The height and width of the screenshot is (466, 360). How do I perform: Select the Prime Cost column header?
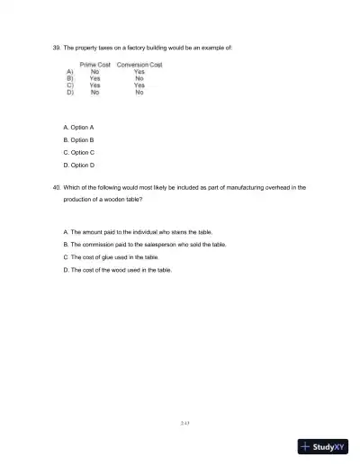(94, 65)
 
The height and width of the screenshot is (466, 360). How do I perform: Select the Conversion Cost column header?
(139, 65)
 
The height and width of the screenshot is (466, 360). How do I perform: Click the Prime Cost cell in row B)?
(94, 78)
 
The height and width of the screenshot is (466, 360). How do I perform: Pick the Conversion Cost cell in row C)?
(139, 85)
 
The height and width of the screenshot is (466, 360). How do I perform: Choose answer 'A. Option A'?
(79, 128)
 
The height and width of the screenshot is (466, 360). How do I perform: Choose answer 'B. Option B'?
(79, 141)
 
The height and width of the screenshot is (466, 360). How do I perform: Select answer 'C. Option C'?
(79, 154)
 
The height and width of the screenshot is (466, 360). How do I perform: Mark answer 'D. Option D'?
(79, 166)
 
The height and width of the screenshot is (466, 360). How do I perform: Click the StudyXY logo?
(324, 447)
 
